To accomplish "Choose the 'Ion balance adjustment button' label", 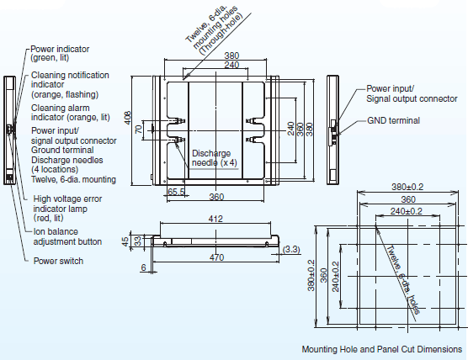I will (67, 236).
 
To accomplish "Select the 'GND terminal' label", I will (393, 120).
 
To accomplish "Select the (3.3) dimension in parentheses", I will (292, 249).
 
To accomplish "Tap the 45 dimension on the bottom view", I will (127, 241).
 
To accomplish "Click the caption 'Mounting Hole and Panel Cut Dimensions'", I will (381, 348).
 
